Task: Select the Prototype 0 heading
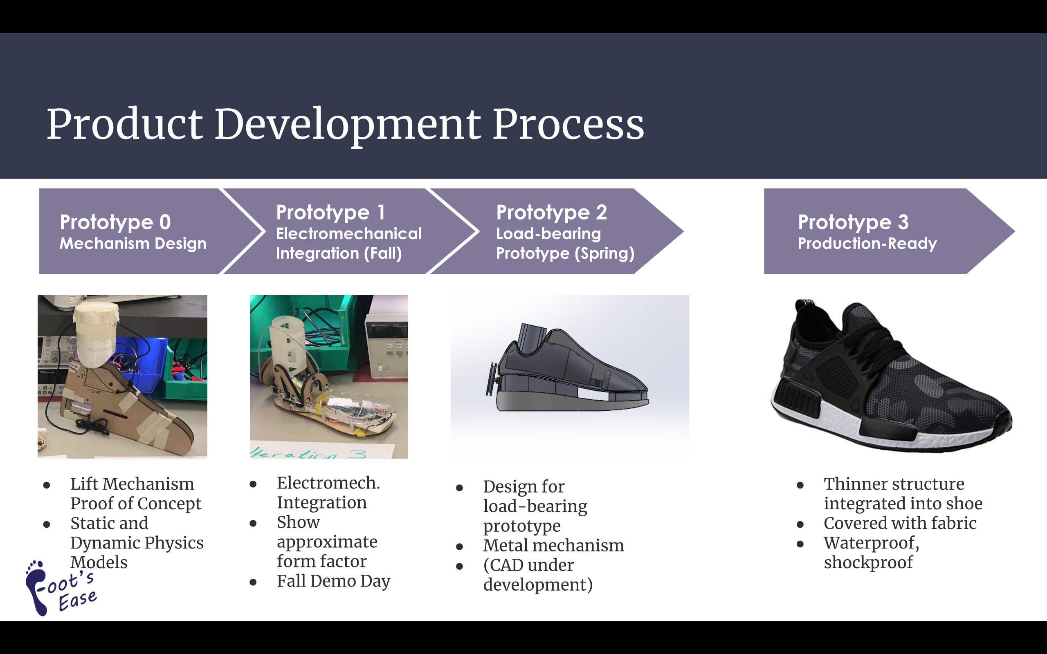point(115,222)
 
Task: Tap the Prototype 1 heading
point(330,213)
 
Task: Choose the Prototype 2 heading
point(552,213)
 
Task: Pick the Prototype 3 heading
point(853,222)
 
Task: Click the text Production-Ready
point(867,244)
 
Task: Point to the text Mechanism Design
point(133,244)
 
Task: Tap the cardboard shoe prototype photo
point(122,376)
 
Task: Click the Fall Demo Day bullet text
point(334,581)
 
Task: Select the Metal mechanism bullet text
point(554,546)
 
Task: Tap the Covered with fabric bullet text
point(900,523)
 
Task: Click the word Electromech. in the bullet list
point(328,483)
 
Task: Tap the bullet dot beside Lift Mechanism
point(47,485)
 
